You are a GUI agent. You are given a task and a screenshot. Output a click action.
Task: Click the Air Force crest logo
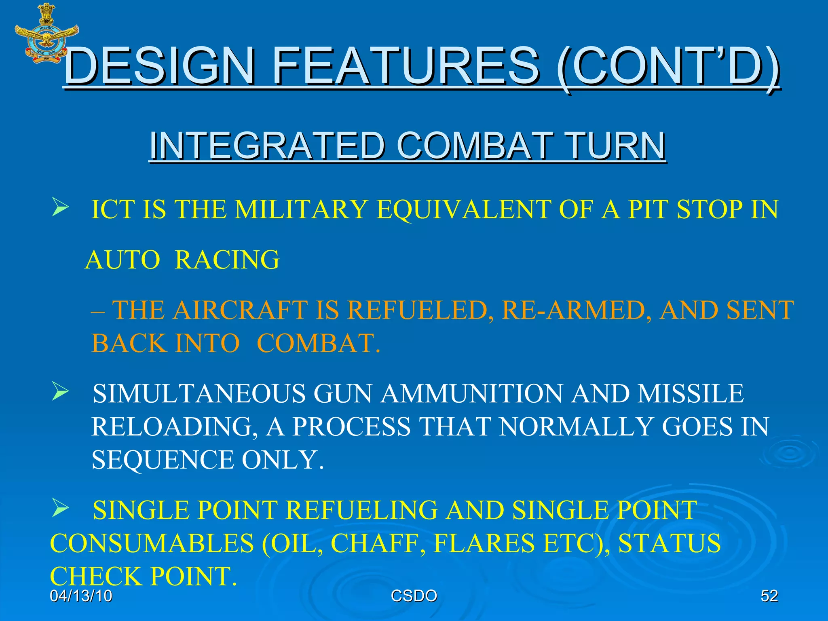click(x=46, y=33)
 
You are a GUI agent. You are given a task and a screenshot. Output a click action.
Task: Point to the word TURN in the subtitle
click(x=615, y=146)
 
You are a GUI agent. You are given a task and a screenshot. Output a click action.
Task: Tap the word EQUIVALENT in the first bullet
click(x=463, y=209)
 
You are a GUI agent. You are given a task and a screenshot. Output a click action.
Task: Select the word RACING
click(x=227, y=260)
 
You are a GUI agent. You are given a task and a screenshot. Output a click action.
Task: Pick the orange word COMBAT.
click(x=318, y=344)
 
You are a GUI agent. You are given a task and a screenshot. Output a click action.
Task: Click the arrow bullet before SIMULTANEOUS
click(x=60, y=392)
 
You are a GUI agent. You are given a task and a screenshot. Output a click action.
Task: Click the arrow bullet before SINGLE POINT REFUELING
click(x=60, y=509)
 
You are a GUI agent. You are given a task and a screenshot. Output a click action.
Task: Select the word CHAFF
click(x=378, y=543)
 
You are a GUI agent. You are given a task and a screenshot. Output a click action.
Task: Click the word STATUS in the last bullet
click(x=669, y=543)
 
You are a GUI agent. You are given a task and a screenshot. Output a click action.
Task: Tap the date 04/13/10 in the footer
click(x=81, y=596)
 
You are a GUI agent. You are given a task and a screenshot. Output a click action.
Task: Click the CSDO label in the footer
click(x=414, y=596)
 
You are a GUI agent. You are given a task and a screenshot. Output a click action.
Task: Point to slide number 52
click(x=769, y=596)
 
